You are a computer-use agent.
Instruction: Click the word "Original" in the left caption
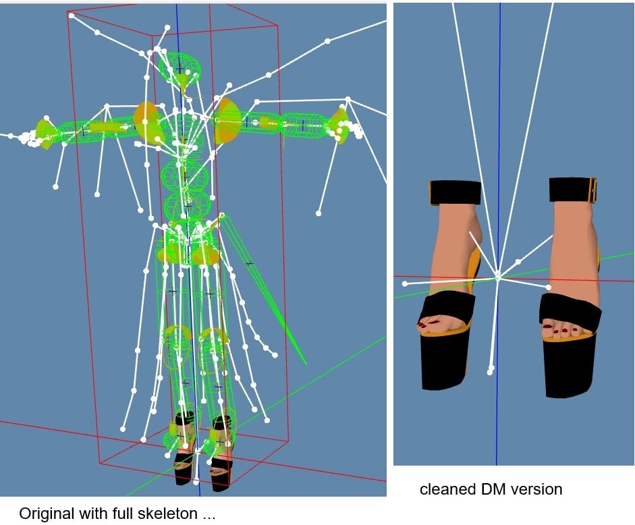(47, 514)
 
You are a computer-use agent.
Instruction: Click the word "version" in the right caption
(536, 489)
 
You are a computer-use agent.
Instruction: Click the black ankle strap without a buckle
(455, 193)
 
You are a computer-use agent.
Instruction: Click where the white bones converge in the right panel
(499, 277)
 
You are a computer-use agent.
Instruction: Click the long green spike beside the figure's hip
(264, 289)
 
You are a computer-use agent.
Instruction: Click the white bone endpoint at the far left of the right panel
(405, 284)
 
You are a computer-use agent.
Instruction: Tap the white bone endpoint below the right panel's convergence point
(490, 370)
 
